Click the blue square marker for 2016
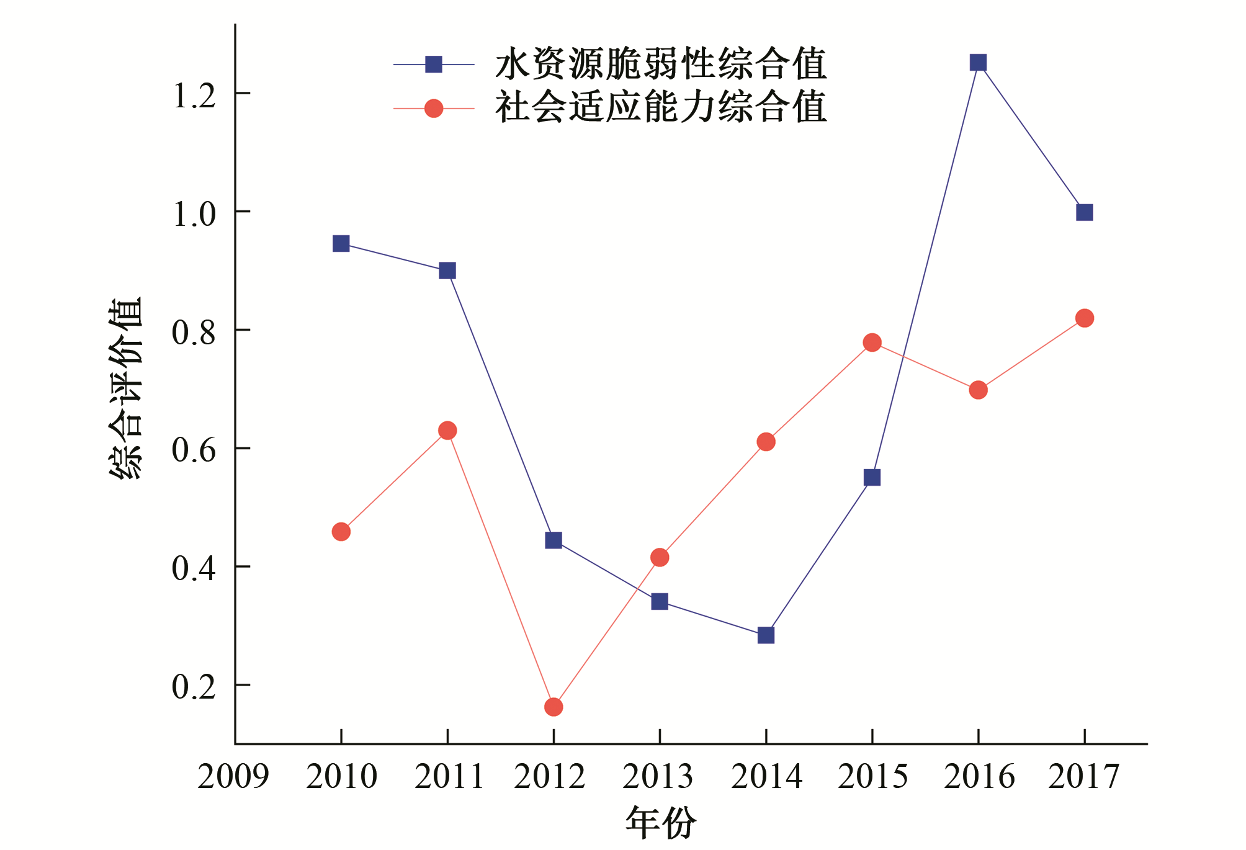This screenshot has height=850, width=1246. [978, 63]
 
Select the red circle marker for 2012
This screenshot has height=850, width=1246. [554, 707]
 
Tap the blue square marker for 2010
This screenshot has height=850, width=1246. [341, 243]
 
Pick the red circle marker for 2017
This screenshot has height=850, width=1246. [1084, 318]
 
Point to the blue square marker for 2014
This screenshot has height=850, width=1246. [766, 635]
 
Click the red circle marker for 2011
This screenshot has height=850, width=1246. [447, 431]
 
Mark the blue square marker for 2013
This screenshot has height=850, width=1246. [660, 601]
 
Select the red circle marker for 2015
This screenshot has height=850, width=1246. [872, 342]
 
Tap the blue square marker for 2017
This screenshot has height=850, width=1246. [1084, 213]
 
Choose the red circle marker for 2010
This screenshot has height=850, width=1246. [341, 532]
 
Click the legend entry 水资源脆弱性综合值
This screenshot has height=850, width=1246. [660, 64]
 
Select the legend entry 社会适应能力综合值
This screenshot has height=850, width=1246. [660, 107]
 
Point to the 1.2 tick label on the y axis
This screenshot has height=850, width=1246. [194, 96]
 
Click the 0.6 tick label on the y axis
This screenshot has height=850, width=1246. [194, 450]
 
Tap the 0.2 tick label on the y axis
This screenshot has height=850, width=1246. [194, 686]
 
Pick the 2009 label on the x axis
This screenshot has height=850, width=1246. [233, 776]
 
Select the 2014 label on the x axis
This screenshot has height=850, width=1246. [766, 776]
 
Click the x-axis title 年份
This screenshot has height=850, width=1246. [660, 823]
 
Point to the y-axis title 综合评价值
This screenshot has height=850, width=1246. [126, 388]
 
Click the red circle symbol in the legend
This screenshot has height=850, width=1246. [434, 109]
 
